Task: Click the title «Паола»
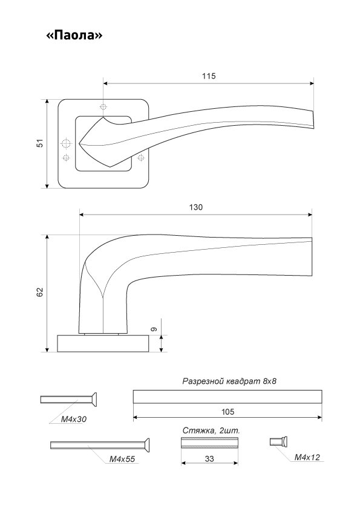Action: point(74,34)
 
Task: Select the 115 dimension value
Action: point(209,76)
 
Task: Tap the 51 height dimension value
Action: point(40,143)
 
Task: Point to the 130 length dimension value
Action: point(195,207)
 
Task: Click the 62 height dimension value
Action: point(40,292)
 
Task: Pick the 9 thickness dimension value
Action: point(154,329)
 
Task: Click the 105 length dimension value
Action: point(227,412)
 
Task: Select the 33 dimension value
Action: point(209,459)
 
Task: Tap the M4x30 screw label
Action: point(74,419)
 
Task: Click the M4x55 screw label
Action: point(122,459)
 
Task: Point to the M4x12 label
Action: point(307,457)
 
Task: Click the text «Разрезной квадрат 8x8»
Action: point(229,381)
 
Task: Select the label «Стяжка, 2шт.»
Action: point(211,431)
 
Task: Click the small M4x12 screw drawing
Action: point(279,442)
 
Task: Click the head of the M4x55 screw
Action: point(147,445)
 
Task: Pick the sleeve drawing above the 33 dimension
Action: point(209,443)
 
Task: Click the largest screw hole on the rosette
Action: point(66,143)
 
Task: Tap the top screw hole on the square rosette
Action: point(103,106)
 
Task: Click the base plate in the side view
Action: point(103,343)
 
